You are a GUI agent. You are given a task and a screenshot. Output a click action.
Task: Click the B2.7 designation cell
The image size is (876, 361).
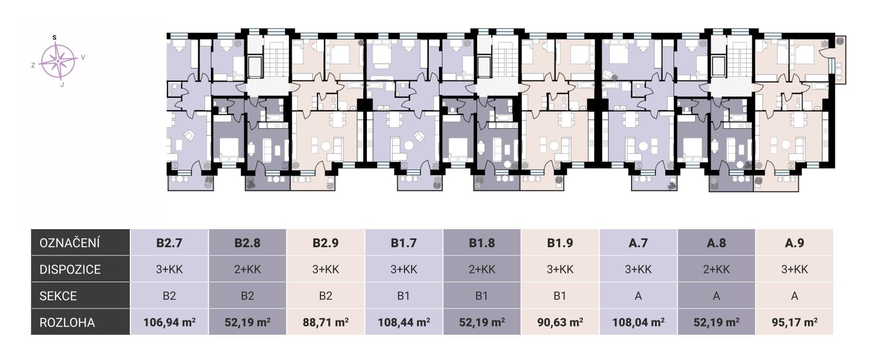coord(169,243)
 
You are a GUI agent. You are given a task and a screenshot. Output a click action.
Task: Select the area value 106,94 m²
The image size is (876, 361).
coord(169,322)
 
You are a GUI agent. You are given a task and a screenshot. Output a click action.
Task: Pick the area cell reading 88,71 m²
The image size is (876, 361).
coord(325,322)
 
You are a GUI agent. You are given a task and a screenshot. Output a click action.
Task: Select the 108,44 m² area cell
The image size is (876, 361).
coord(403,322)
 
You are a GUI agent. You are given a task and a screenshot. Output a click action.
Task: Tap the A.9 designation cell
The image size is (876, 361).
coord(794,243)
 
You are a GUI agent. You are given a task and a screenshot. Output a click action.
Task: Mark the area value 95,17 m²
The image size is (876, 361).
coord(794,322)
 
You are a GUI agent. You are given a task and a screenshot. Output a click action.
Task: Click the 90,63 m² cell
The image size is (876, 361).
coord(560,322)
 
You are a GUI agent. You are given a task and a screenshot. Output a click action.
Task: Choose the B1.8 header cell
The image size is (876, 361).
coord(482,243)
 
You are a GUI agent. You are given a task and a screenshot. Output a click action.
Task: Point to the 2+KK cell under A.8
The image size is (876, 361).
coord(716,269)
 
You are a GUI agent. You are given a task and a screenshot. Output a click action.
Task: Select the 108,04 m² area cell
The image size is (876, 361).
coord(638,322)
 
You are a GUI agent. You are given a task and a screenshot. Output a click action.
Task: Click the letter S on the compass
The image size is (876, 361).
coord(54,38)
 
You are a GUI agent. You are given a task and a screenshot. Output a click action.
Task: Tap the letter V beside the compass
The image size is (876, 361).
coord(83,57)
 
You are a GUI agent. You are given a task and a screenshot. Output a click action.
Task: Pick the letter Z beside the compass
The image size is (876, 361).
coord(33,65)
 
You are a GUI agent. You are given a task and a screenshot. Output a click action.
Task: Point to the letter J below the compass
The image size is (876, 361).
coord(62,84)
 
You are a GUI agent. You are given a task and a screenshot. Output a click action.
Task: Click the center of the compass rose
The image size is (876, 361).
coord(58,61)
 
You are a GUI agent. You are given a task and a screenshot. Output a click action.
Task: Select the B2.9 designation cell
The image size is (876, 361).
coord(325,243)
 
